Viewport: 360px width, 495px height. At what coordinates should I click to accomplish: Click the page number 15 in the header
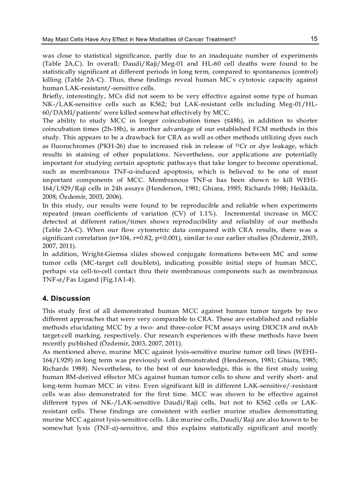[314, 39]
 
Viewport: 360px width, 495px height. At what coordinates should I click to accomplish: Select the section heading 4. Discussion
[66, 298]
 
